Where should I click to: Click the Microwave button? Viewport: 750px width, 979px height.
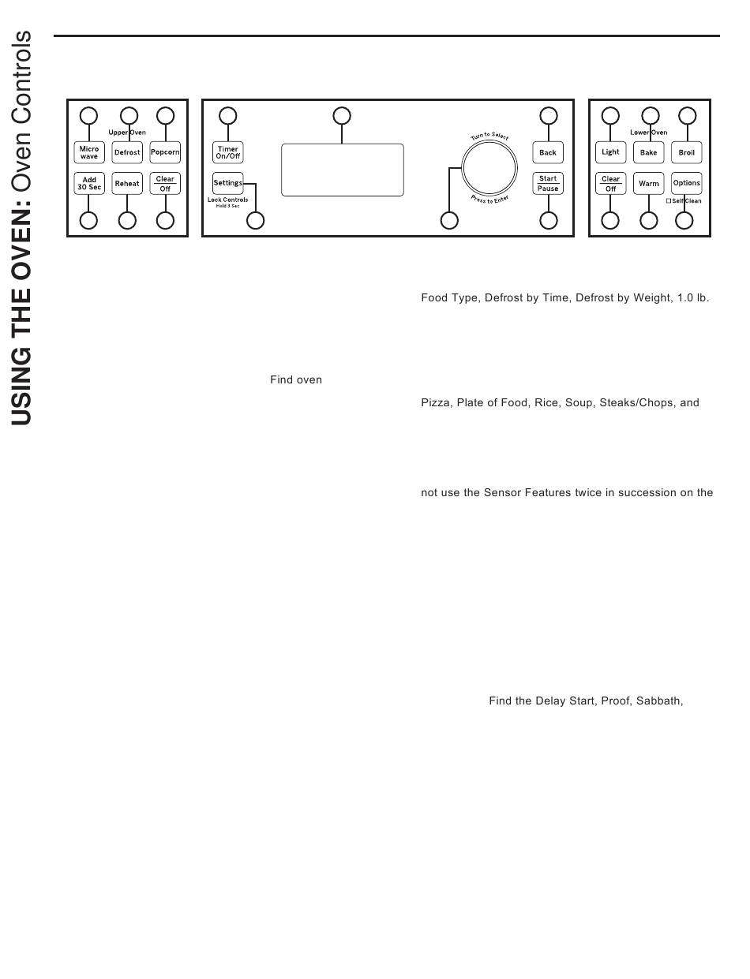[89, 152]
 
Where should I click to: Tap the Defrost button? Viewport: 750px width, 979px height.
[127, 152]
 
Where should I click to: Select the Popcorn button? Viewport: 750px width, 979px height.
[165, 152]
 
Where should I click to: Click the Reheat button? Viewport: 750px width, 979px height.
[127, 184]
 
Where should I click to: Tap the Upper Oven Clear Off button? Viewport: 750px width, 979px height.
[165, 184]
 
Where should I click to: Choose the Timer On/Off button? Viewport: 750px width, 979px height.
[228, 152]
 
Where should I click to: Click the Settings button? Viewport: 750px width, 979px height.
[228, 183]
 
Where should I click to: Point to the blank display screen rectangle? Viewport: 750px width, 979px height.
[342, 170]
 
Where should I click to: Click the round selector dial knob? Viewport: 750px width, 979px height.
[489, 167]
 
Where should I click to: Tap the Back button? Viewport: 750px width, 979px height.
[548, 152]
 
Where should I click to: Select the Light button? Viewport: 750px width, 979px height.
[611, 152]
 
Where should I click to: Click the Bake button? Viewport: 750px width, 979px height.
[649, 152]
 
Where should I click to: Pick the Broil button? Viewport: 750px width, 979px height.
[687, 152]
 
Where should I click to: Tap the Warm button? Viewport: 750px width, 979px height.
[649, 184]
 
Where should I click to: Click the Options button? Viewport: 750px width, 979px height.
[687, 183]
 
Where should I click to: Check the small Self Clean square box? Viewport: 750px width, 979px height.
[669, 201]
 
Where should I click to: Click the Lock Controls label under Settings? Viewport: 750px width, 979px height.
[228, 200]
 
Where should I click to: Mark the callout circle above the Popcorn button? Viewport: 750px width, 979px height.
[165, 116]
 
